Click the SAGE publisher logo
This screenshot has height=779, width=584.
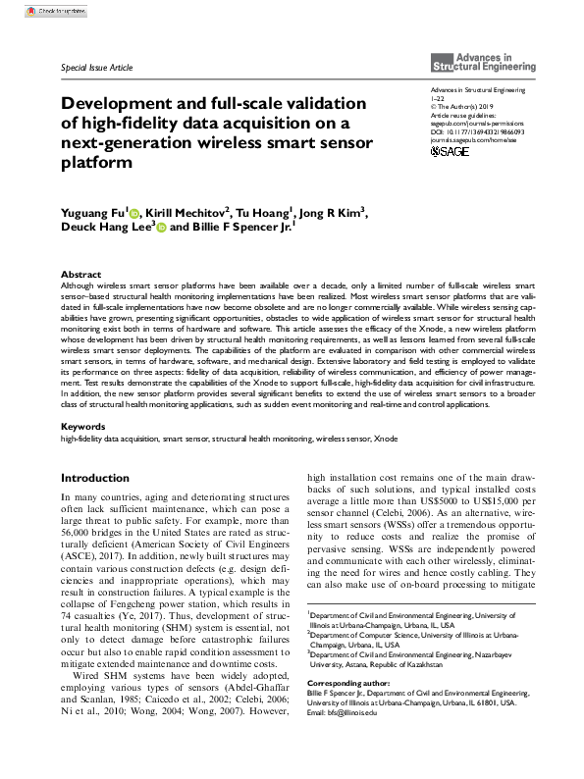tap(451, 152)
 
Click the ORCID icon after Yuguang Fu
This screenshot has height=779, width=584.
tap(135, 212)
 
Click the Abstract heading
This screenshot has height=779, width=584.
tap(80, 274)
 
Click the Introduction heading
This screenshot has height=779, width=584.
tap(95, 478)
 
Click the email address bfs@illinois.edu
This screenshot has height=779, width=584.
tap(354, 712)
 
